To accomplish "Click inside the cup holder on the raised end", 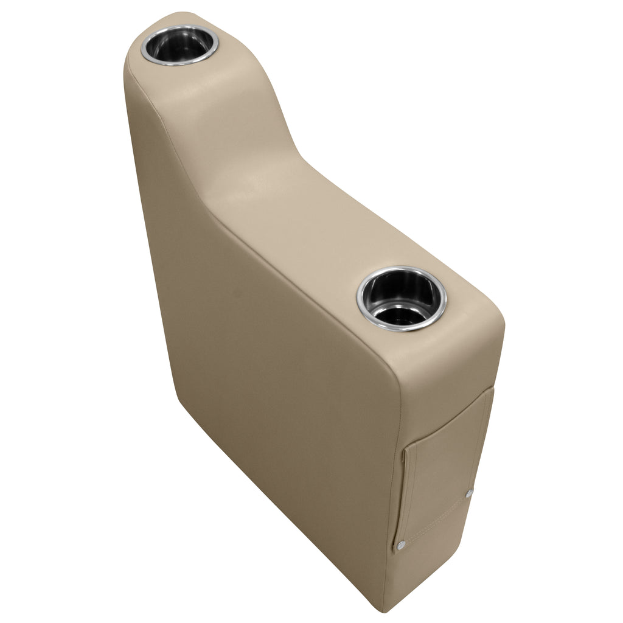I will click(x=180, y=46).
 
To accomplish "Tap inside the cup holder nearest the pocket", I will click(x=402, y=298).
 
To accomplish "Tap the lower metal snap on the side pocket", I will click(x=402, y=545).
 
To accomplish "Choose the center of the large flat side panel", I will click(x=274, y=377).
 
